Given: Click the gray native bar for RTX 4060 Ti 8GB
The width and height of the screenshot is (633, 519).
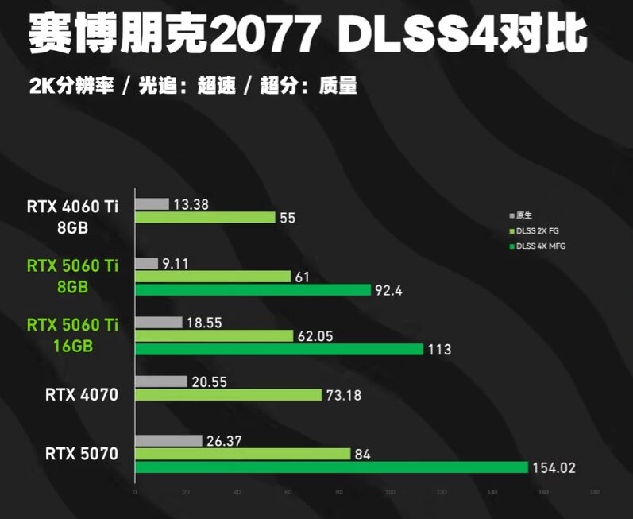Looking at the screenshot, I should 152,204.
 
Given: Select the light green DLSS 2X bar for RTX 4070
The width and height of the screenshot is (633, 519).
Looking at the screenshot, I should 228,395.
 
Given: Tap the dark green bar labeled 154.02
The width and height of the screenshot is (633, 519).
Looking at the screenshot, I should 331,467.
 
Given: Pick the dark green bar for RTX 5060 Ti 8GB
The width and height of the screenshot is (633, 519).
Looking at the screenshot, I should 253,290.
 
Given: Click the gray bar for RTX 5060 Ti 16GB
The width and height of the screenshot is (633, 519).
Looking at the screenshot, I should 159,323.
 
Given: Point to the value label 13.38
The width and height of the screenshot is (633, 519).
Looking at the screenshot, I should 191,204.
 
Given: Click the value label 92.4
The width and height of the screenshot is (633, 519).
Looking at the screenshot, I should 388,291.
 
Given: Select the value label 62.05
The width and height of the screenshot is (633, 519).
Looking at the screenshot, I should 315,336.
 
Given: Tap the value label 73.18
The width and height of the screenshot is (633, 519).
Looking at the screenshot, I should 344,395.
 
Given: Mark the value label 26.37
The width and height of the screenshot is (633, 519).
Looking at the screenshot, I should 225,441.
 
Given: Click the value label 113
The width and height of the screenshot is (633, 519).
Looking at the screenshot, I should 438,350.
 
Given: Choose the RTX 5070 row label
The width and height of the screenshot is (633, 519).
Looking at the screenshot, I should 81,455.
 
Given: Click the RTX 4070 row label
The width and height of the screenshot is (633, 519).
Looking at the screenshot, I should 81,393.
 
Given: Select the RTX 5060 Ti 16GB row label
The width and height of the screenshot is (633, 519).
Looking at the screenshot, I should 71,335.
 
